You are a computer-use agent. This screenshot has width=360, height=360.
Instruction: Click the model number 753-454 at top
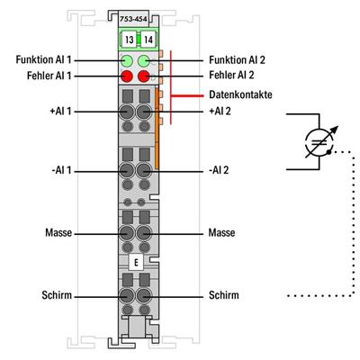[x=134, y=18]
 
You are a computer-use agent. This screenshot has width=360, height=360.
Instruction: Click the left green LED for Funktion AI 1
[x=127, y=61]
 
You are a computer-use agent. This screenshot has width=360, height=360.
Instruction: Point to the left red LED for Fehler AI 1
[x=127, y=77]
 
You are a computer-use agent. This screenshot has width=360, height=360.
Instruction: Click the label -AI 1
[x=56, y=168]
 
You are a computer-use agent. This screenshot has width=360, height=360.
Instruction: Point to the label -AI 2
[x=220, y=168]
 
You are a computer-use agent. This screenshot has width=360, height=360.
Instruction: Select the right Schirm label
[x=224, y=294]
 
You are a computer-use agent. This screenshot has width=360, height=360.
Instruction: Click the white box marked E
[x=135, y=263]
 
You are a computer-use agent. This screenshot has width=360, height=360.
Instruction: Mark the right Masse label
[x=223, y=232]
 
